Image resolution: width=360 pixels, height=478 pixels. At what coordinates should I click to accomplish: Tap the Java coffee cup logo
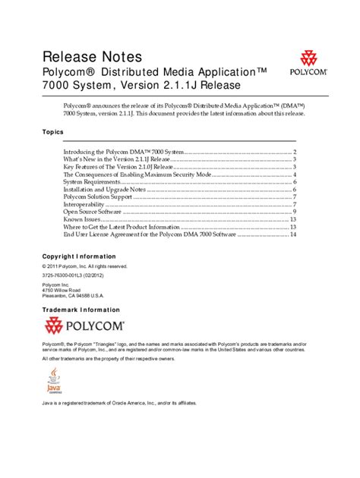tap(55, 379)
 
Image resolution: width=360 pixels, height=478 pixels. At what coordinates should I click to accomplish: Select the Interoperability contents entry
tap(87, 204)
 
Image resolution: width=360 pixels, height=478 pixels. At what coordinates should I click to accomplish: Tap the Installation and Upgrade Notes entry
tap(105, 190)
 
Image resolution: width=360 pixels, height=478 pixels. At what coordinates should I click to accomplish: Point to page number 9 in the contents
tap(293, 212)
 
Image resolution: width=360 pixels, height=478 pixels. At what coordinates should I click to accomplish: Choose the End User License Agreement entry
tap(149, 234)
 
